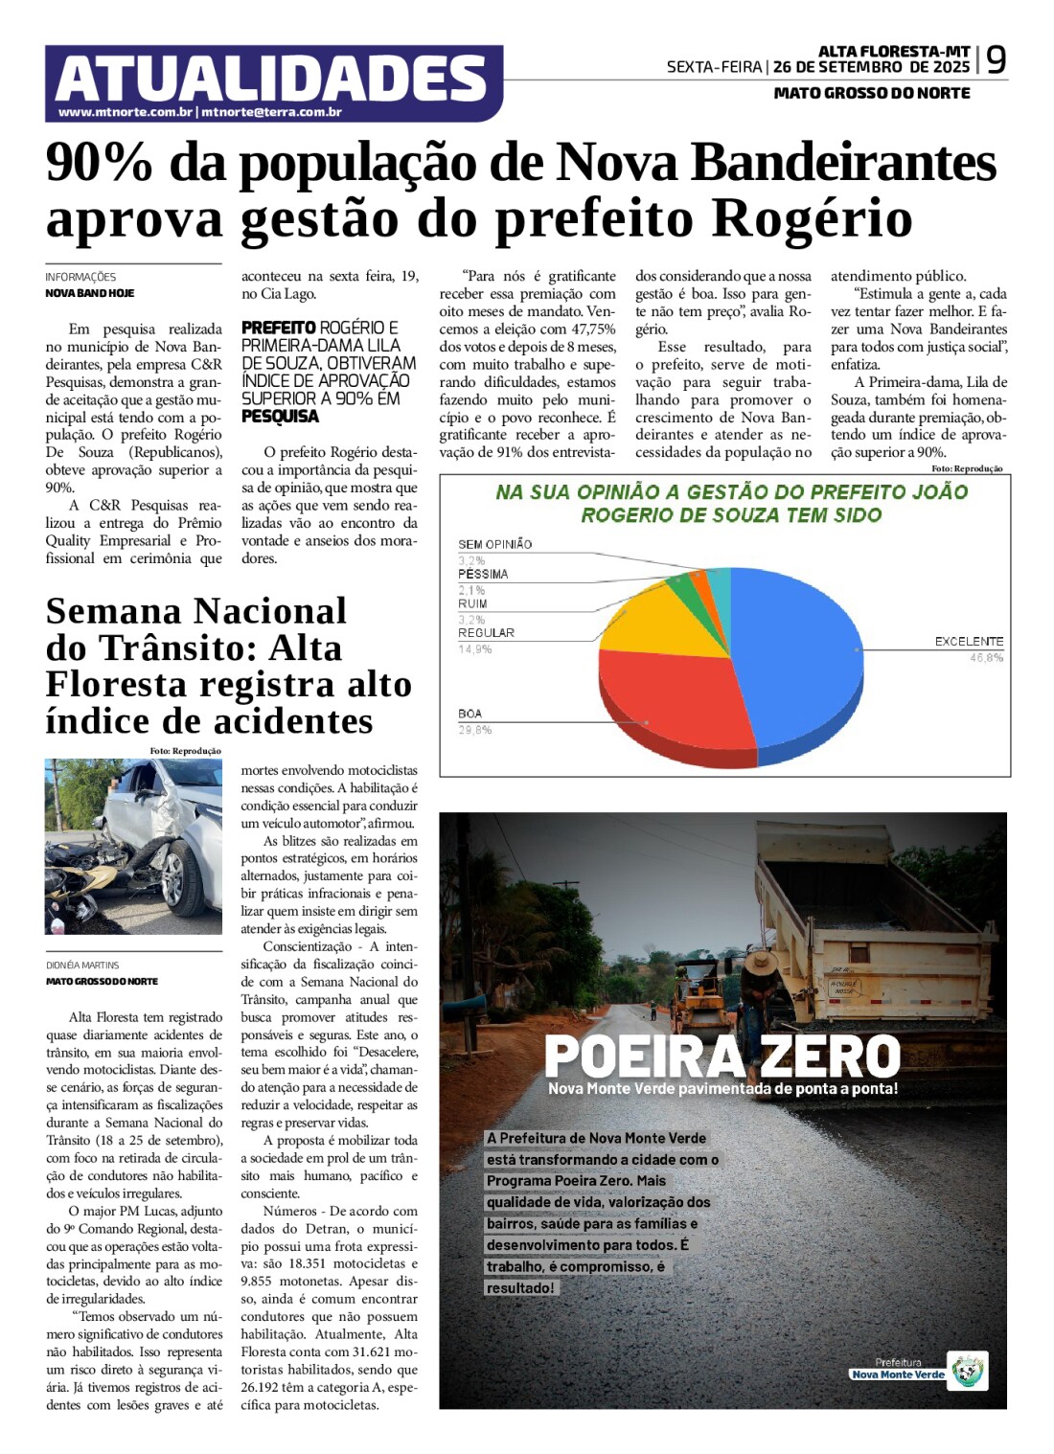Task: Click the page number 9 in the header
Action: (996, 60)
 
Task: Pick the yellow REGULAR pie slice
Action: (656, 623)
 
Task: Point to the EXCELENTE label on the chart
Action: (969, 641)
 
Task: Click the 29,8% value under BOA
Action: (475, 730)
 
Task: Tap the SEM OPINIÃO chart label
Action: (494, 544)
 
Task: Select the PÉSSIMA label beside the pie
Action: (483, 574)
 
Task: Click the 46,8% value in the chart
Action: (986, 658)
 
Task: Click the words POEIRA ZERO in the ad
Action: (722, 1056)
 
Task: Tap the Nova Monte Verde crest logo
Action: (968, 1371)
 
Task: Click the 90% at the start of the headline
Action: (99, 162)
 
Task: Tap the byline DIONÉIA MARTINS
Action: (82, 966)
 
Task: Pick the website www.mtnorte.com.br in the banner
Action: (126, 112)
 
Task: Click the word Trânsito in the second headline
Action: (192, 648)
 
